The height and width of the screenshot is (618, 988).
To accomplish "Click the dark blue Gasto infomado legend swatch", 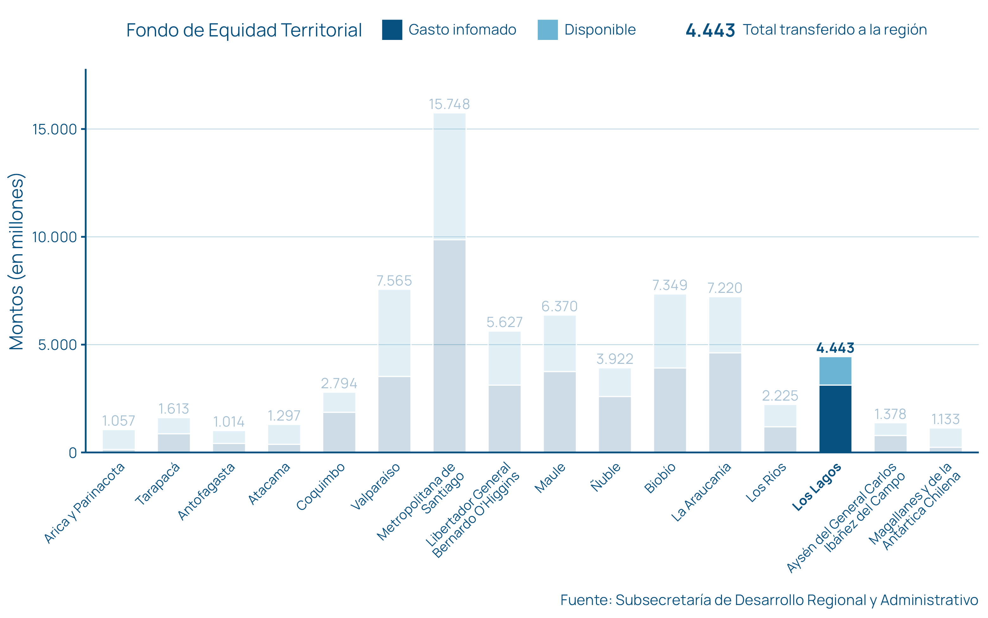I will (x=392, y=30).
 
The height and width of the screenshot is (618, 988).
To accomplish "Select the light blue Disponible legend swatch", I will (x=548, y=30).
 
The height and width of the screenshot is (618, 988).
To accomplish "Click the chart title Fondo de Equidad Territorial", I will (x=244, y=30).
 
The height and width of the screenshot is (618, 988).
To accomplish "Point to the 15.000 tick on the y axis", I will (x=55, y=130).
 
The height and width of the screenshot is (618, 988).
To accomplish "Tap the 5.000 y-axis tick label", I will (x=57, y=345).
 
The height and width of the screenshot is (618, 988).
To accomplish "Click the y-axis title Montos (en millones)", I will (x=17, y=261).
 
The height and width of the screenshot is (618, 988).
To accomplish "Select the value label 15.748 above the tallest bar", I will (x=449, y=105).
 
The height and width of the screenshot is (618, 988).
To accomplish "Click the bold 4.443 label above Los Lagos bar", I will (x=835, y=348).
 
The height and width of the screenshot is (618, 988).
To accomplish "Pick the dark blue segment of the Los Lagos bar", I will (x=835, y=419).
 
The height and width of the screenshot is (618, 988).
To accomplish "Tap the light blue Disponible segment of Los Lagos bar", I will (x=835, y=371).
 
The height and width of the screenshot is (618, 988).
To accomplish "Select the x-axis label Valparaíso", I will (x=375, y=486).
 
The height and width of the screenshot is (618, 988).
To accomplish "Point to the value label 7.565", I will (x=394, y=281).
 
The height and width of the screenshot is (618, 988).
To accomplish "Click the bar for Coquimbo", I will (x=339, y=423).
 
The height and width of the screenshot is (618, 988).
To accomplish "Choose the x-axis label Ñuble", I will (x=606, y=477).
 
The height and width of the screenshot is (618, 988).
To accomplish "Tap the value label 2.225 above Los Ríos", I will (x=780, y=396).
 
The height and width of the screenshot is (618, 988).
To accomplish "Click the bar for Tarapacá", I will (x=174, y=435).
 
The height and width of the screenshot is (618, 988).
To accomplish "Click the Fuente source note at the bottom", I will (x=769, y=600).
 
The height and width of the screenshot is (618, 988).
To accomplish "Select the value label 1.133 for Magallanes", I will (x=945, y=419).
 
